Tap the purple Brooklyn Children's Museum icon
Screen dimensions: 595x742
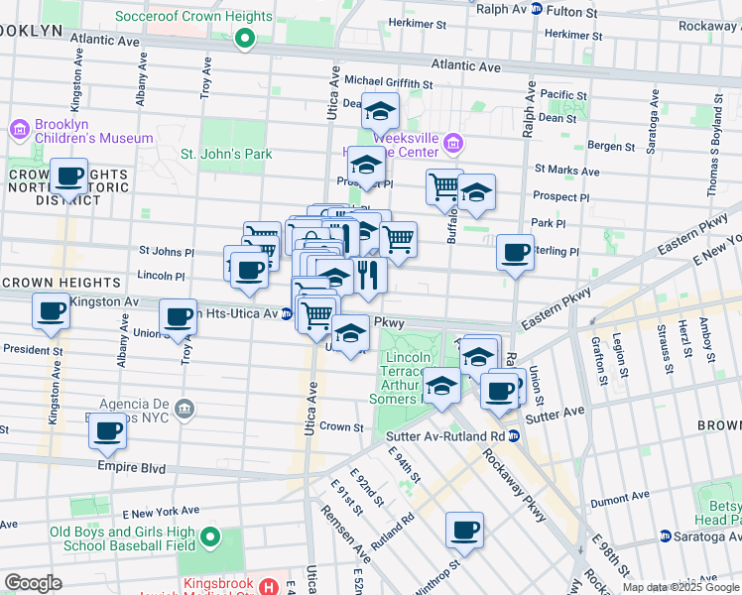click(x=18, y=129)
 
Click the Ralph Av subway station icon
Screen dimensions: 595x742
click(x=536, y=9)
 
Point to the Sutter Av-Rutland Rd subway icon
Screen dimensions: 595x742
click(x=512, y=435)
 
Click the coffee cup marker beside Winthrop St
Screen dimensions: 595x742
click(x=464, y=531)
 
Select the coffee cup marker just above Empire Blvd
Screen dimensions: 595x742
click(x=107, y=430)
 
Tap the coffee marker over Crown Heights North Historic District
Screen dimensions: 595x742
click(x=69, y=177)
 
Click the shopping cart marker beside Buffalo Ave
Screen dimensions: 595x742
click(x=444, y=184)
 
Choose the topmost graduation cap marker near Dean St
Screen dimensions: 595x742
click(x=379, y=111)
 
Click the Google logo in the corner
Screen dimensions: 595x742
click(x=33, y=583)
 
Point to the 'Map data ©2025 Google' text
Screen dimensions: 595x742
click(x=680, y=587)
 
